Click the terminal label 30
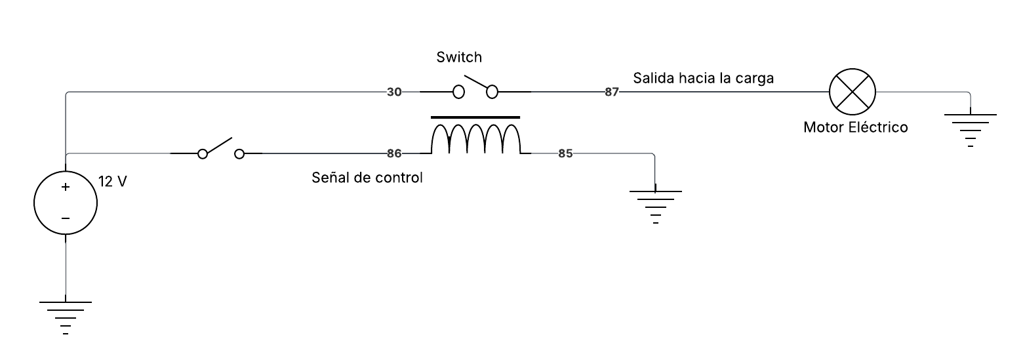394,92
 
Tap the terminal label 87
611,92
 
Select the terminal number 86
394,154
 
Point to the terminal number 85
565,154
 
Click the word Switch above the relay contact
459,58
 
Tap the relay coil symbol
475,139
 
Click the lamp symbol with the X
852,92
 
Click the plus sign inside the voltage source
66,187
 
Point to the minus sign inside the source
66,218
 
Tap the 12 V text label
112,182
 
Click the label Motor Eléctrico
855,127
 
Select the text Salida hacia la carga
703,78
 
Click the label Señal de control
367,177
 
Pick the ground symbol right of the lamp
970,129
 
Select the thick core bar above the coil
475,117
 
